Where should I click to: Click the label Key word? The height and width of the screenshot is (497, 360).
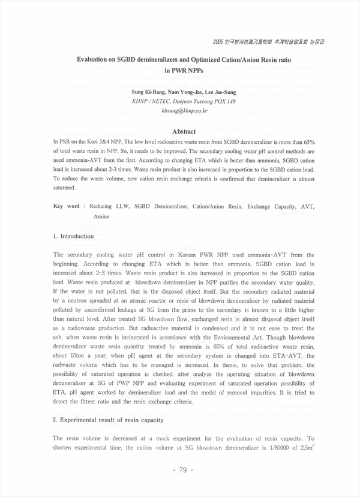click(x=66, y=206)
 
